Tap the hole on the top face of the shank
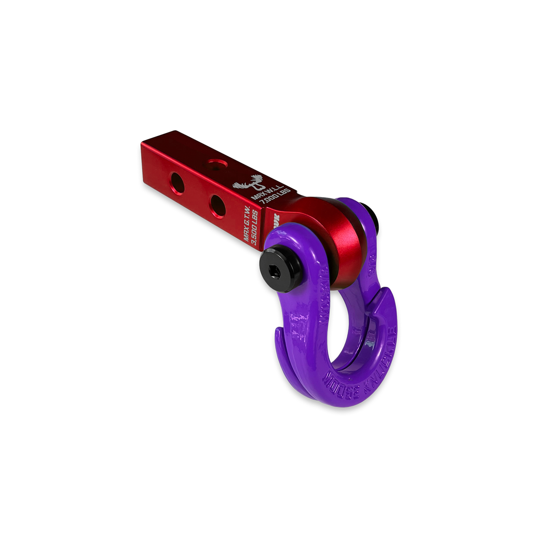pyautogui.click(x=215, y=163)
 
